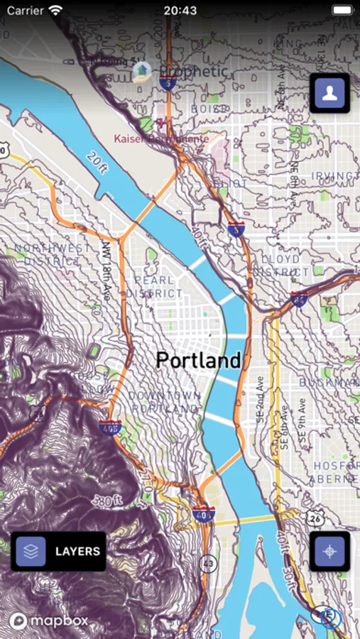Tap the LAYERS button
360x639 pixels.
(x=58, y=551)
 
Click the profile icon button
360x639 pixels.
(x=329, y=92)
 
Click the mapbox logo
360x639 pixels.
(x=49, y=621)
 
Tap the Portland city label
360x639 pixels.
(x=198, y=360)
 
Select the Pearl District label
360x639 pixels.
(x=154, y=287)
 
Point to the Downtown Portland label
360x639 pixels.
(x=165, y=402)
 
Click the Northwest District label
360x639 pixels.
(x=53, y=254)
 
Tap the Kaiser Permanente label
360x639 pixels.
(x=162, y=138)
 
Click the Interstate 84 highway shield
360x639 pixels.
(x=299, y=298)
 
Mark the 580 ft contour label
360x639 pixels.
(x=112, y=501)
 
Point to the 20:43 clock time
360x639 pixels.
(x=180, y=11)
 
